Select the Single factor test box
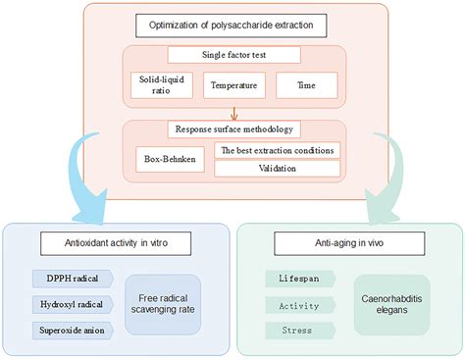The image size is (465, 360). (232, 55)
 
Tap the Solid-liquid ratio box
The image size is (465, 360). (155, 85)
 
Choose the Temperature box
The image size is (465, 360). (232, 85)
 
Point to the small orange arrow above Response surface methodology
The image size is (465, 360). (232, 114)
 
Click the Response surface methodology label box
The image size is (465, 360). (232, 129)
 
